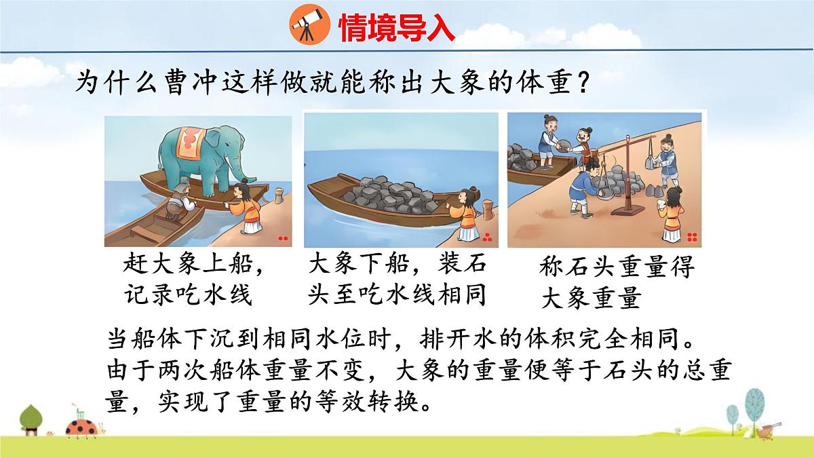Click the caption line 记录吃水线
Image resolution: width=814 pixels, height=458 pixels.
pos(189,295)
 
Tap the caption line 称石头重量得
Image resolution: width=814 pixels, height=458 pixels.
pos(617,267)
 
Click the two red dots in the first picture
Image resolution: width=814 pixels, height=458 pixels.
pos(283,239)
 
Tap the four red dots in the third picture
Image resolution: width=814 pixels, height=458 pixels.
pos(692,237)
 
